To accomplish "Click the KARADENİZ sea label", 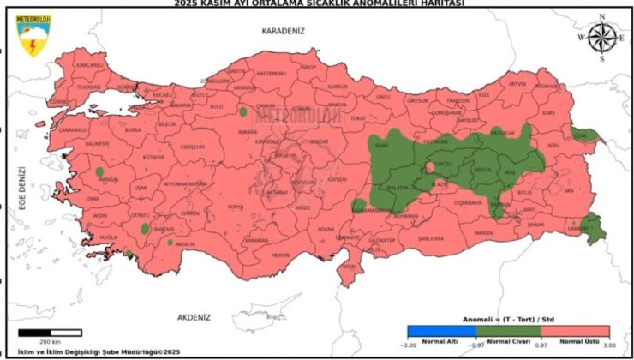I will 284,31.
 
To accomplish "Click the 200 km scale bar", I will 50,332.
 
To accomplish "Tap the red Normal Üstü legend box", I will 575,331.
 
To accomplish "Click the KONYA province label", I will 235,207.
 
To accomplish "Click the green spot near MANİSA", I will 99,171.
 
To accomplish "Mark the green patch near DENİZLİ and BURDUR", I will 145,229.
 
